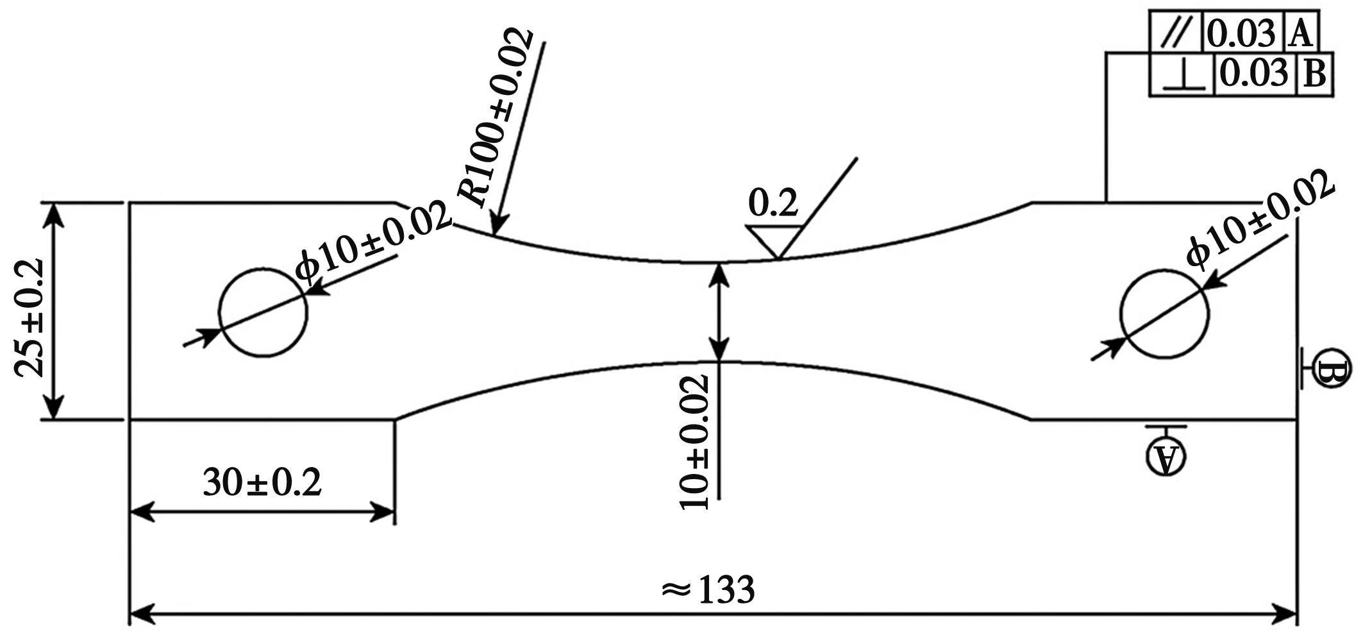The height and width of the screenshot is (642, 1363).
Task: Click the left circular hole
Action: coord(220,312)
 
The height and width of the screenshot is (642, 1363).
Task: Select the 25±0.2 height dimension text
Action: coord(30,318)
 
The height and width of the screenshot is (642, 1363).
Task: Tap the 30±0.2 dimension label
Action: coord(262,483)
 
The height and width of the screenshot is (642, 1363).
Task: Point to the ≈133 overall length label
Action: coord(708,589)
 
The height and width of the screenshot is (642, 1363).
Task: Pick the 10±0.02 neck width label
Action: coord(695,442)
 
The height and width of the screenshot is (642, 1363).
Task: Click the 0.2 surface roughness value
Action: coord(773,203)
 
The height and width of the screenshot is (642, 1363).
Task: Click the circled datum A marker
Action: coord(1166,456)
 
